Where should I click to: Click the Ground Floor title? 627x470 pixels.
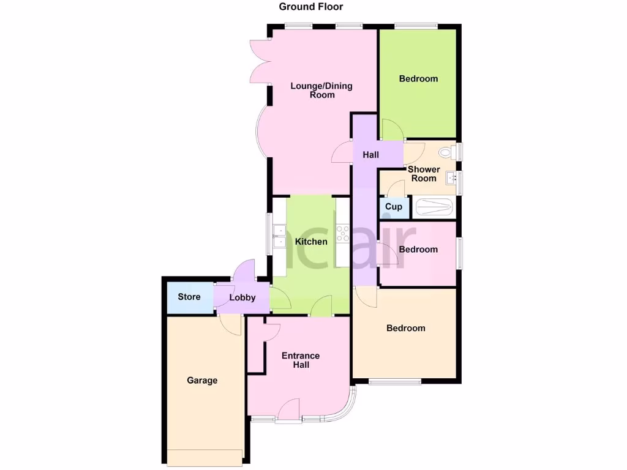(311, 7)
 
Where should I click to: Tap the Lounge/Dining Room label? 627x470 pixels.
(321, 90)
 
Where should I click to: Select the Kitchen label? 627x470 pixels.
(311, 242)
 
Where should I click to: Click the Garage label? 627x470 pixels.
(202, 381)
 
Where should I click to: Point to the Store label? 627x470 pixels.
(189, 297)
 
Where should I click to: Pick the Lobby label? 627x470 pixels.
(242, 298)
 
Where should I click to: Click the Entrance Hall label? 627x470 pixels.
(300, 360)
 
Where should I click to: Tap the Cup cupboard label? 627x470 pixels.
(394, 207)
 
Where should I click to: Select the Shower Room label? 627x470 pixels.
(424, 174)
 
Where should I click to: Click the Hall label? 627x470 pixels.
(370, 155)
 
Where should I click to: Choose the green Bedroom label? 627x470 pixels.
(418, 79)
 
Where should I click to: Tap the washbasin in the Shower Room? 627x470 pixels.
(452, 178)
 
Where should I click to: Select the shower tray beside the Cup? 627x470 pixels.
(435, 207)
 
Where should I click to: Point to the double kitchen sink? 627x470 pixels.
(280, 236)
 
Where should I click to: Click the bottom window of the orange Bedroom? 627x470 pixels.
(395, 382)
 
